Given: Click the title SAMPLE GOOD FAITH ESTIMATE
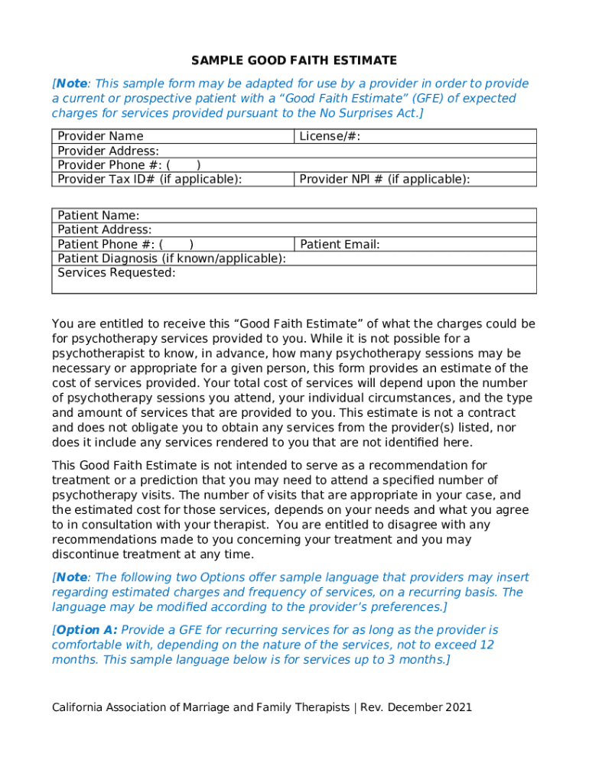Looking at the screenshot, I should point(294,60).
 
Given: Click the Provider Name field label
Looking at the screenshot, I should point(100,137).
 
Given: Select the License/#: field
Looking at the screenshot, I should point(330,137).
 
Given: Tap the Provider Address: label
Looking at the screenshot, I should point(108,151).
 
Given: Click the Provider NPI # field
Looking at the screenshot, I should point(384,179).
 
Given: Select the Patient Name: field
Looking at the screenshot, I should point(98,216).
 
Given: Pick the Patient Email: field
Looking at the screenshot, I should point(340,245).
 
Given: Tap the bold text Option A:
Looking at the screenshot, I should point(86,630).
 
